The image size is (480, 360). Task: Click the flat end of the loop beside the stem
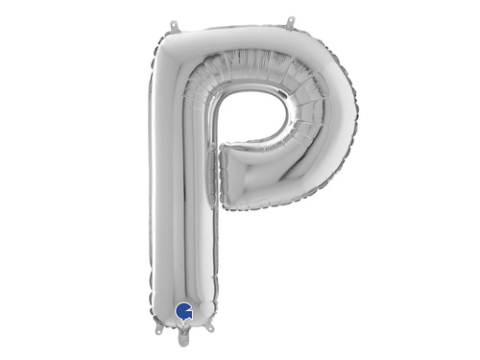[226, 174]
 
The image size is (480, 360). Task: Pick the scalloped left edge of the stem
[153, 192]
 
